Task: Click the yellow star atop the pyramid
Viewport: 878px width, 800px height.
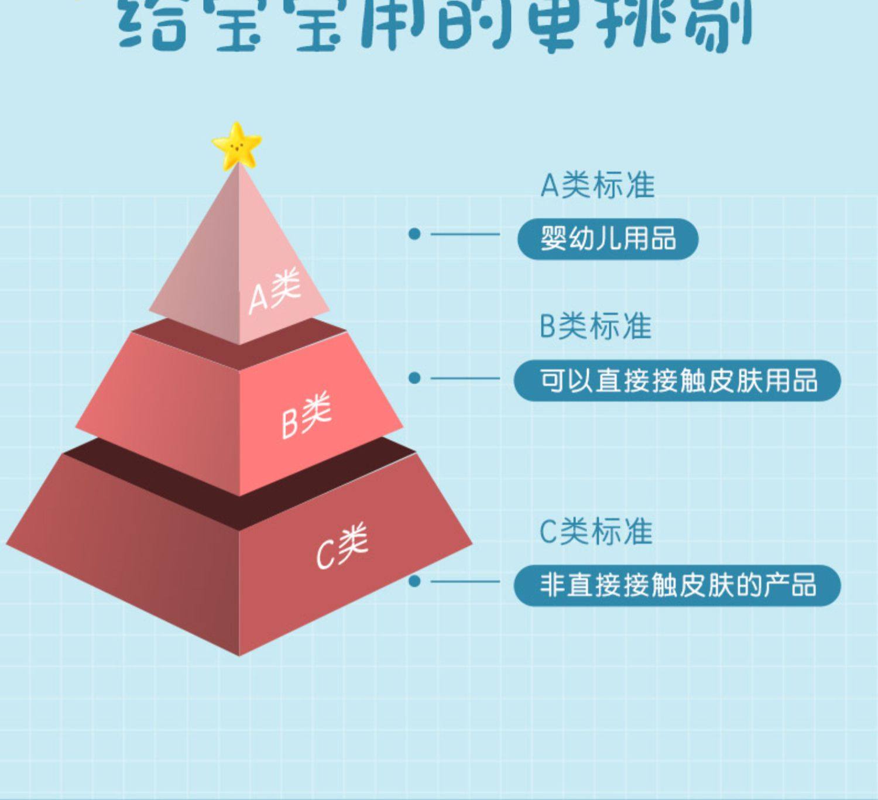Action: click(236, 146)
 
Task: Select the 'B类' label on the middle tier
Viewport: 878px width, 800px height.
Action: click(306, 415)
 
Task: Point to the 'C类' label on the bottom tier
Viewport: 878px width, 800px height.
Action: click(342, 545)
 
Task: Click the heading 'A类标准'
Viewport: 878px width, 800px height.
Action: click(596, 186)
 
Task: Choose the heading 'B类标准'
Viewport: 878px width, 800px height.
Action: click(595, 326)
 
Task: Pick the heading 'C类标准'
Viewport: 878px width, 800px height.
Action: click(595, 532)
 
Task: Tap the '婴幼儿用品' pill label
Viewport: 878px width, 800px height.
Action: click(608, 239)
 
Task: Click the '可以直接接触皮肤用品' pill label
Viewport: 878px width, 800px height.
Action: click(677, 380)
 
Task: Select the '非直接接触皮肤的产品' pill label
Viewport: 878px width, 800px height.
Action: click(677, 585)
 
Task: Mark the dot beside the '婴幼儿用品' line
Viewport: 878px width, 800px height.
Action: click(414, 234)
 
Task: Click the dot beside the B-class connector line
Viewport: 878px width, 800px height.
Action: click(414, 378)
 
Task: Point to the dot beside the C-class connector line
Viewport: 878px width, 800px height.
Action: click(414, 581)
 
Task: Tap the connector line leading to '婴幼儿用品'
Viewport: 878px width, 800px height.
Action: click(465, 234)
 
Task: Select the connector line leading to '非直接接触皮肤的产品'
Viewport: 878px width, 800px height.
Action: click(465, 582)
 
